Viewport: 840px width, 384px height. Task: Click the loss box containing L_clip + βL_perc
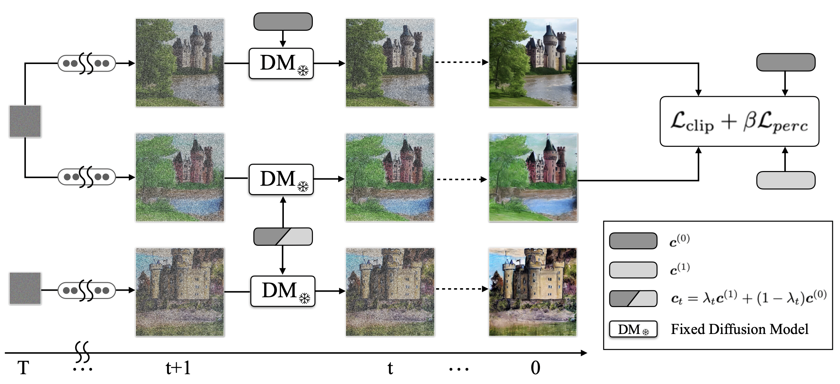(x=739, y=121)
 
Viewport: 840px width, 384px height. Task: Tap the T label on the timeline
(x=23, y=368)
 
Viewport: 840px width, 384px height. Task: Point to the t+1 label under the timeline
(x=178, y=368)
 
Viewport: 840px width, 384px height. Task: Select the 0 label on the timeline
(x=535, y=368)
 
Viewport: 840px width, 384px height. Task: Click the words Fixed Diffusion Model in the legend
(x=739, y=329)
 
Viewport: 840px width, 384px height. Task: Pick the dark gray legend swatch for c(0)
(x=633, y=241)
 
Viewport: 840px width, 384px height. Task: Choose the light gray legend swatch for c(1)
(x=633, y=270)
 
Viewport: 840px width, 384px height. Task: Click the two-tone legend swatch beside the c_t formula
(x=633, y=299)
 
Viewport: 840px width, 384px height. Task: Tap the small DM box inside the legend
(x=633, y=329)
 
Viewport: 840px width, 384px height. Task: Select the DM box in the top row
(x=281, y=64)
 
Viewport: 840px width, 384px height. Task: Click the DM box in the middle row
(x=281, y=179)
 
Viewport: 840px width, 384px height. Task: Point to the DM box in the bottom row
(x=283, y=291)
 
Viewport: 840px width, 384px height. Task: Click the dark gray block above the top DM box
(x=283, y=22)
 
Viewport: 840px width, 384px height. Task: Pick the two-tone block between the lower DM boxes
(x=283, y=237)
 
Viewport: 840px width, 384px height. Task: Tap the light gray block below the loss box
(x=786, y=180)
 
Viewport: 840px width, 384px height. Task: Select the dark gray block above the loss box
(x=786, y=62)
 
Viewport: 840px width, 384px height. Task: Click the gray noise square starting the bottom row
(x=25, y=289)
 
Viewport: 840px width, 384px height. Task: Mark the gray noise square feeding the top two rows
(x=25, y=121)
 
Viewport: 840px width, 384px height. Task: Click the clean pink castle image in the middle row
(x=533, y=177)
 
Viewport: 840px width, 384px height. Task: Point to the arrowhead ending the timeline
(x=584, y=353)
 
